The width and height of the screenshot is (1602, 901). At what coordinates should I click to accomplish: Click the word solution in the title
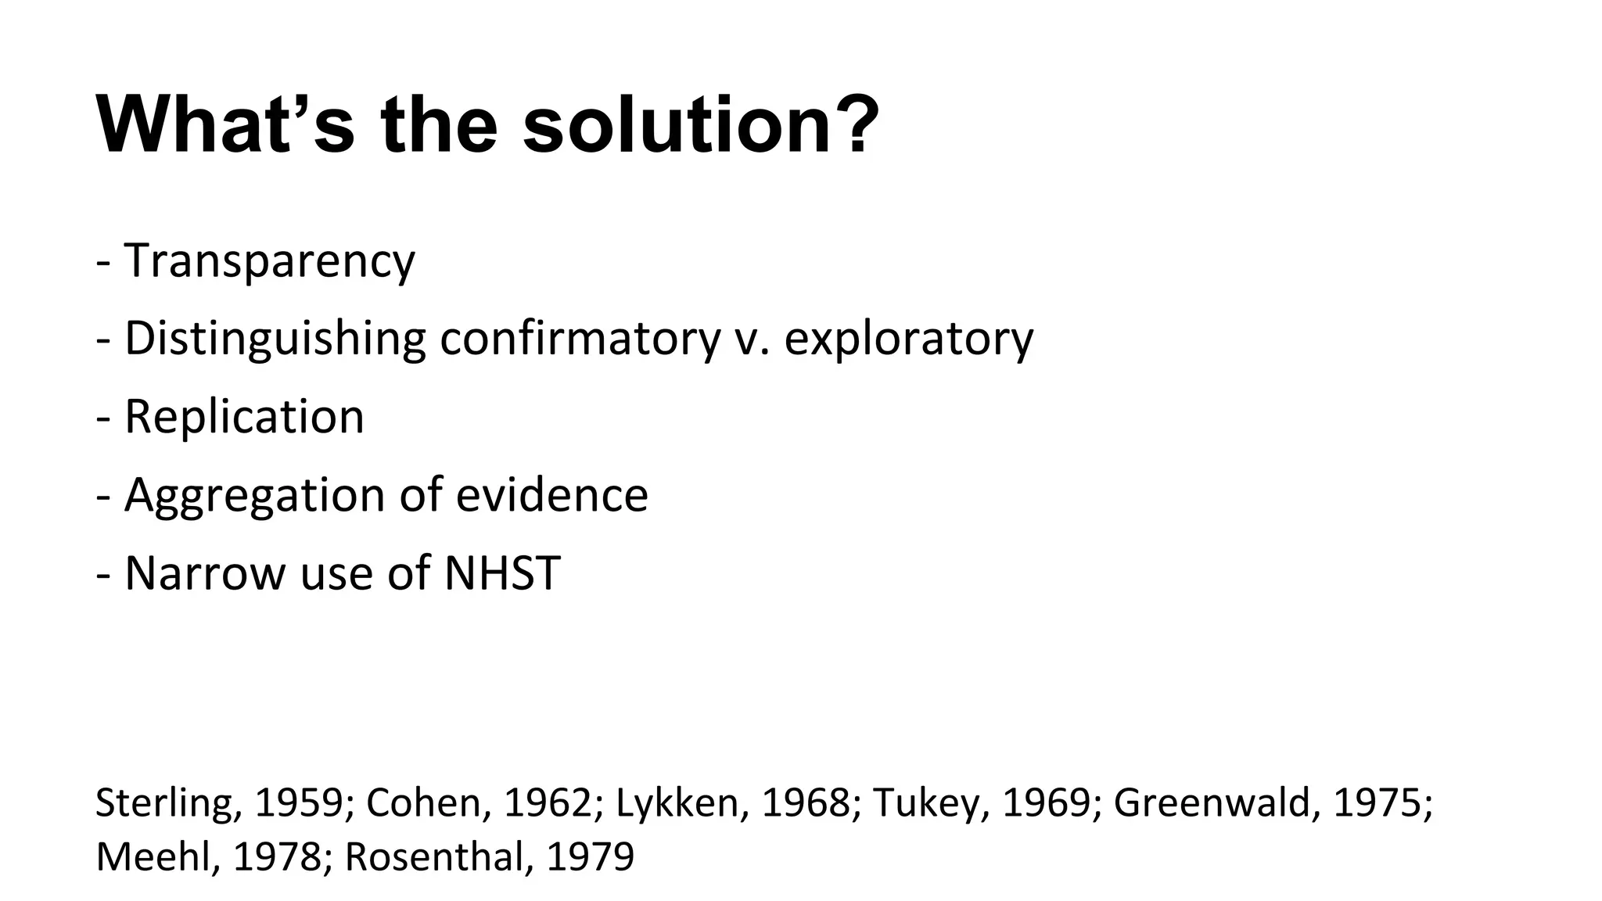[677, 125]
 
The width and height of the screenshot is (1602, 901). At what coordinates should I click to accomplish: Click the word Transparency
[269, 261]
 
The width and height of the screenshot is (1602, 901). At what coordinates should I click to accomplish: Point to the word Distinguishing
[275, 339]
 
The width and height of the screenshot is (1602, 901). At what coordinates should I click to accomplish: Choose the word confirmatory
[580, 339]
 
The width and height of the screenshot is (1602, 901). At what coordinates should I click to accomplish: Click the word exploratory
[908, 339]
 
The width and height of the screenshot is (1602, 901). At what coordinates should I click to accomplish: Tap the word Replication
[244, 416]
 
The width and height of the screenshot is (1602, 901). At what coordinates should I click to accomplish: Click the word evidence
[551, 494]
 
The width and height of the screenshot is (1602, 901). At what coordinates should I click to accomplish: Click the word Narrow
[205, 573]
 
